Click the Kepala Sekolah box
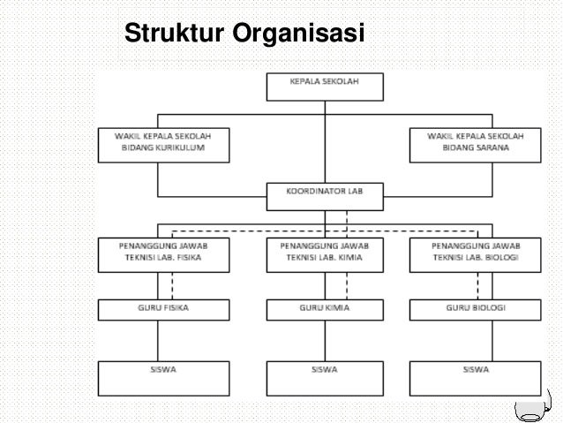pyautogui.click(x=325, y=87)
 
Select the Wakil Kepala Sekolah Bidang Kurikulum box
pyautogui.click(x=164, y=146)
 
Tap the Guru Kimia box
pyautogui.click(x=325, y=309)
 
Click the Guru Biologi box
pyautogui.click(x=476, y=309)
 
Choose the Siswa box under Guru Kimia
pyautogui.click(x=325, y=377)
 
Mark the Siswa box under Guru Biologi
pyautogui.click(x=476, y=377)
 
